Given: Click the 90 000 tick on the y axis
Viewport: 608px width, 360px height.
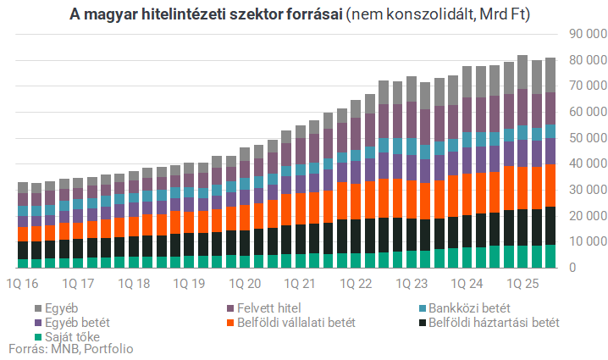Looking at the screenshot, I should (584, 33).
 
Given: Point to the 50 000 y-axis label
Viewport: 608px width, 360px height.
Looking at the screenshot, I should (584, 137).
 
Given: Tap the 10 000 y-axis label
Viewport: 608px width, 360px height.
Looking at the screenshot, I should (584, 241).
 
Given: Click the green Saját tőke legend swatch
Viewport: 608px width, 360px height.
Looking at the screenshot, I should (38, 336).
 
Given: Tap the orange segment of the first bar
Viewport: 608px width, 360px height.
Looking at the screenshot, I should (24, 234).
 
